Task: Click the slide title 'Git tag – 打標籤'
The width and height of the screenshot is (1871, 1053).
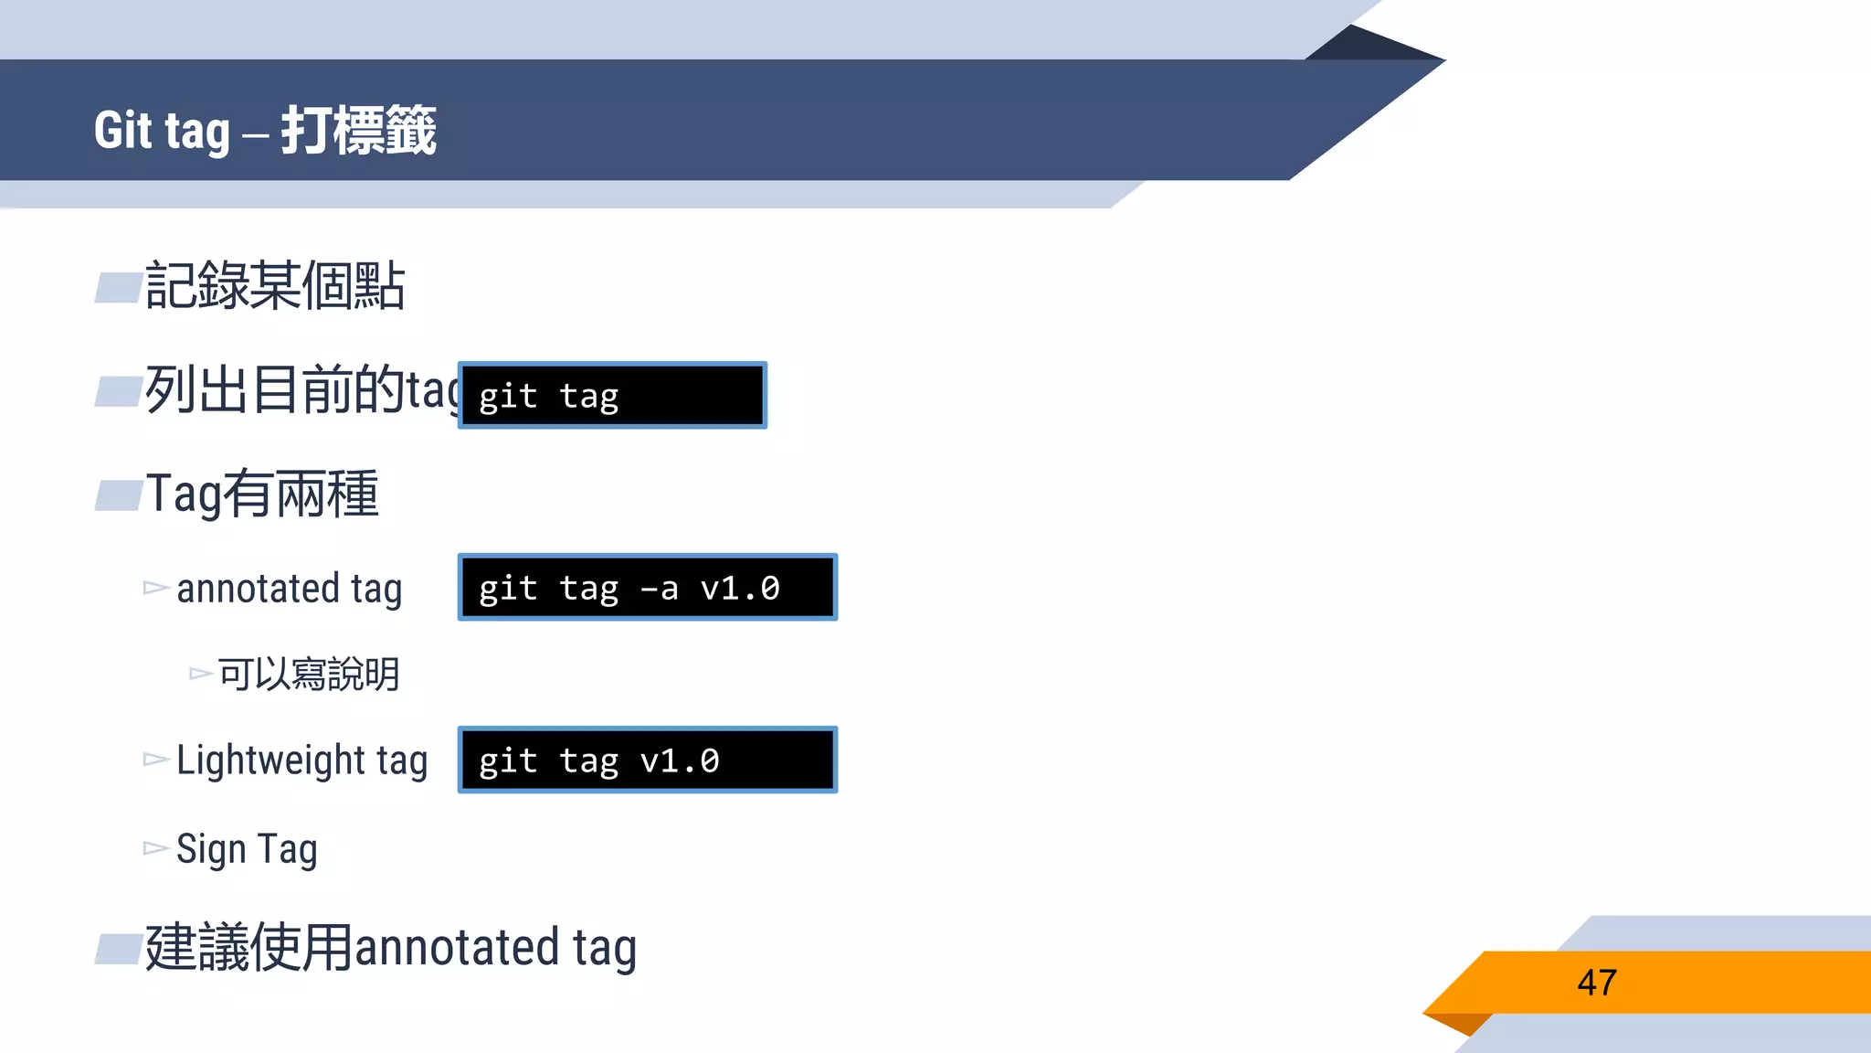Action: click(265, 130)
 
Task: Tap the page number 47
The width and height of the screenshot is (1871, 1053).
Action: click(1597, 983)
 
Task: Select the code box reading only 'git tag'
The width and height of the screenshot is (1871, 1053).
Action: click(612, 396)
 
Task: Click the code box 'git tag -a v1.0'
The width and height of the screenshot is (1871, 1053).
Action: click(647, 588)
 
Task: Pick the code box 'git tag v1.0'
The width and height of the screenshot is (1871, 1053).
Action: click(647, 760)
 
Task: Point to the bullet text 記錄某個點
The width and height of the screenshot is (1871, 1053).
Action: click(275, 286)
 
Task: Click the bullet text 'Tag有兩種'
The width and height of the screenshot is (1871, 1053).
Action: click(262, 494)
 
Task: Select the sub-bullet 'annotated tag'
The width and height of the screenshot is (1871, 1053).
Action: click(289, 590)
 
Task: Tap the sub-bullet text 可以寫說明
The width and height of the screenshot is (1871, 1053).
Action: click(309, 675)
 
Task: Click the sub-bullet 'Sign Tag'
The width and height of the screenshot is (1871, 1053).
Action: click(247, 850)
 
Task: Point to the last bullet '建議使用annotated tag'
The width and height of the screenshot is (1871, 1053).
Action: click(391, 948)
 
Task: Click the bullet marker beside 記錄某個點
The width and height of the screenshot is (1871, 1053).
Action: click(119, 288)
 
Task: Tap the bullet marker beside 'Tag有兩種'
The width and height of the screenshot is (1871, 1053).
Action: click(119, 495)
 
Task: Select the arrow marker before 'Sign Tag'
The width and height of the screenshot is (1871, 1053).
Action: click(156, 849)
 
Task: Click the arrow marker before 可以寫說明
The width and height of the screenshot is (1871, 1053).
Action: click(200, 675)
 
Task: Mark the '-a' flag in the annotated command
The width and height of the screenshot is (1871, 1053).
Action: click(660, 589)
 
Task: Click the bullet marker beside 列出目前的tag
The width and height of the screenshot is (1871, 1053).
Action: click(119, 391)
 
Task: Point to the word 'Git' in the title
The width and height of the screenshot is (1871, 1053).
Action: click(122, 130)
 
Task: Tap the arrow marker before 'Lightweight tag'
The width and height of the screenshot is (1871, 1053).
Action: click(156, 760)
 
